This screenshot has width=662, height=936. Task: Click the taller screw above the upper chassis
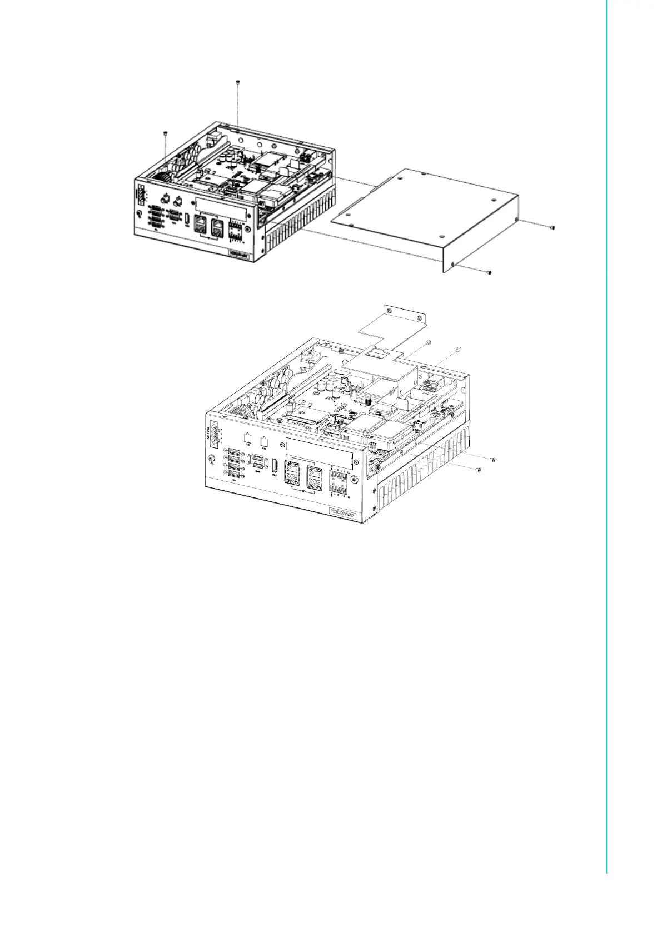(238, 82)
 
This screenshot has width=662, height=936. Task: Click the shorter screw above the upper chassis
(165, 132)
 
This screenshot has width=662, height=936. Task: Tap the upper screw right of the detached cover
(552, 227)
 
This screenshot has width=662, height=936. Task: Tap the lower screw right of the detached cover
(489, 272)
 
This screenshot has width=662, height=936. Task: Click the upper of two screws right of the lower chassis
(492, 460)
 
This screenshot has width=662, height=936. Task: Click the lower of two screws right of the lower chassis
(479, 470)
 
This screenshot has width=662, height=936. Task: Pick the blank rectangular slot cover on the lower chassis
(318, 447)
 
